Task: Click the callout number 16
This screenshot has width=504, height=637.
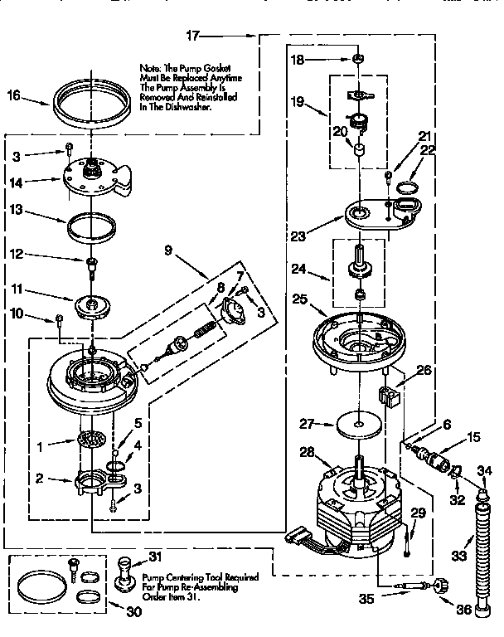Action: pos(13,96)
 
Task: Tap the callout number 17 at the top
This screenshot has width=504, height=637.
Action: pos(192,36)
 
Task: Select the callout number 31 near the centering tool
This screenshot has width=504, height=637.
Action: pos(154,556)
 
